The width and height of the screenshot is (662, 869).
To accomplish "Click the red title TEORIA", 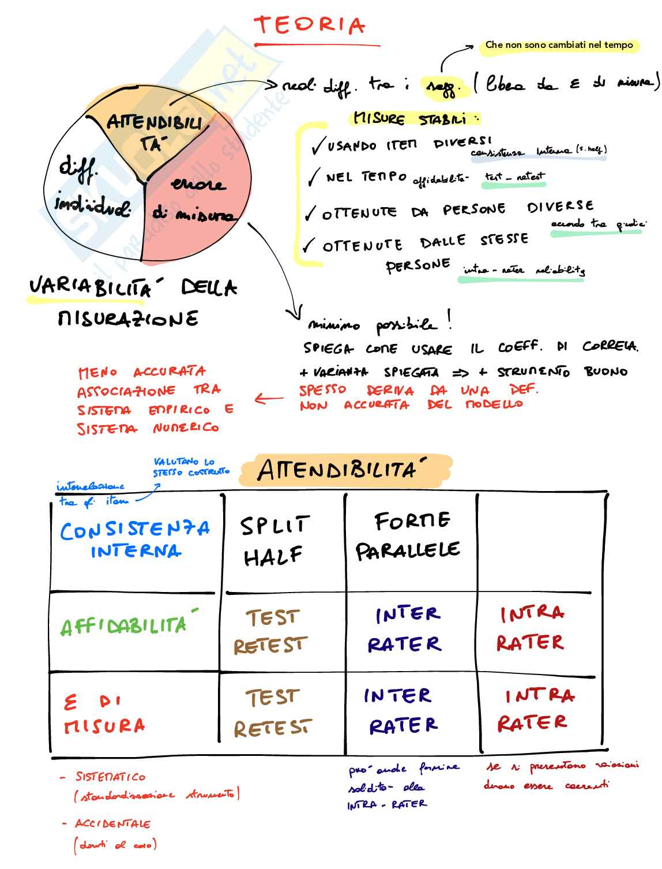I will click(x=310, y=26).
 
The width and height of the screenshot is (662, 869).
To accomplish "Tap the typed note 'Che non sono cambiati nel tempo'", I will click(x=559, y=45).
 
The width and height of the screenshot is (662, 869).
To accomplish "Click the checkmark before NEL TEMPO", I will click(x=313, y=177).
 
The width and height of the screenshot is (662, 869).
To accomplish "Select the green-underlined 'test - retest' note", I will click(x=514, y=177).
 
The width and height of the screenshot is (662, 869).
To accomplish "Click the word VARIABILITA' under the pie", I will click(x=89, y=287).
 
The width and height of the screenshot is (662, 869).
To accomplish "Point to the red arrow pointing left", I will click(x=269, y=398).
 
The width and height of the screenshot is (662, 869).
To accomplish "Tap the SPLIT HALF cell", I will click(x=275, y=541).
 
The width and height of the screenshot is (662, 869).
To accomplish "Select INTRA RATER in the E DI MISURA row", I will click(x=536, y=709).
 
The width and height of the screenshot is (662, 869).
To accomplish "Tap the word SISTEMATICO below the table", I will click(x=111, y=777).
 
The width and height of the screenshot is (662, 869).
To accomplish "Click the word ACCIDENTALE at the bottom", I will click(x=112, y=823).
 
